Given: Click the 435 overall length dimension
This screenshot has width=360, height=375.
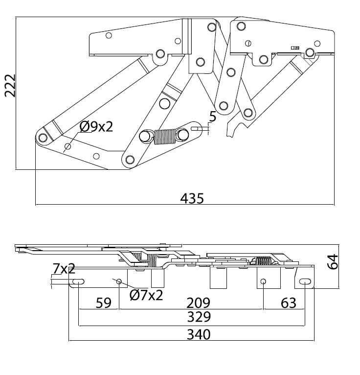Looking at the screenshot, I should pos(192,198).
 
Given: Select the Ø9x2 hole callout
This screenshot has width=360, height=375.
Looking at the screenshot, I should pos(96,127).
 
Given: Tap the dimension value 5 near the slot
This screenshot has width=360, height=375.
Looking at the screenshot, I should pos(212,117).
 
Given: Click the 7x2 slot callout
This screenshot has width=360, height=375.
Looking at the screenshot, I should pos(64,268).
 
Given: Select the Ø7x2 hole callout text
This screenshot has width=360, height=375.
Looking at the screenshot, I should pos(146,295).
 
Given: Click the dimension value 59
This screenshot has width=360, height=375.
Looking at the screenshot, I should pos(103,303).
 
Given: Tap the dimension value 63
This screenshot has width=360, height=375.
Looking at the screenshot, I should pos(289,303).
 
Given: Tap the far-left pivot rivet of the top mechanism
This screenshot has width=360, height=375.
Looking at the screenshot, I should pos(43,138).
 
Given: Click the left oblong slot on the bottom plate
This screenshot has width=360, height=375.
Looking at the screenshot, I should pos(78,281).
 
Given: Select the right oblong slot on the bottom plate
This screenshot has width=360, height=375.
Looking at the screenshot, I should pos(304,281).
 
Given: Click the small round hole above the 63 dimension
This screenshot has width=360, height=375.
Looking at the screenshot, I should pos(263,282).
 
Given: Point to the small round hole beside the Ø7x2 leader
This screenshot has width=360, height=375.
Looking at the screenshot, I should pos(118,281).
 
